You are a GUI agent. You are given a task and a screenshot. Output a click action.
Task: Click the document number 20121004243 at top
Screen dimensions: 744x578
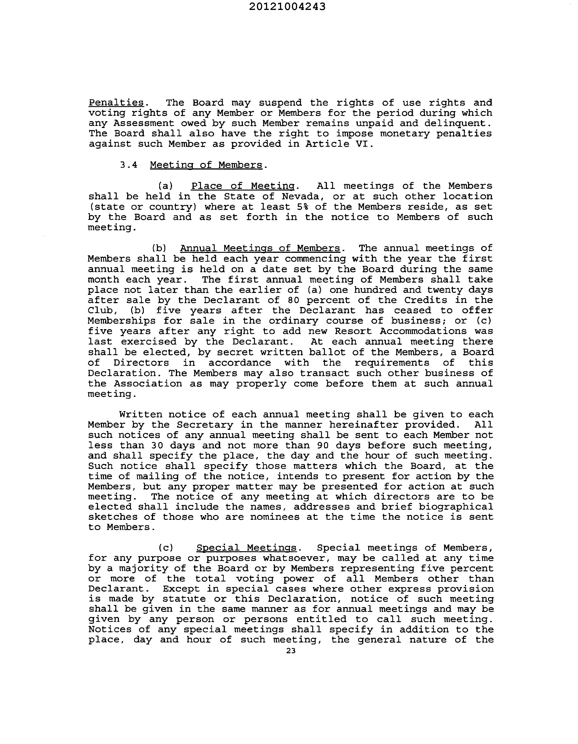pyautogui.click(x=287, y=7)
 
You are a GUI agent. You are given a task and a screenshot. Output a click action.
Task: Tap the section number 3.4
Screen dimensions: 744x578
pyautogui.click(x=129, y=165)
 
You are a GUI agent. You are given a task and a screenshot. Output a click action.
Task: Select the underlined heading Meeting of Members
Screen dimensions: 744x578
pyautogui.click(x=206, y=165)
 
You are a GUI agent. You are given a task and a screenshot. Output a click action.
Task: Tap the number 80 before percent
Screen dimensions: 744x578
pyautogui.click(x=293, y=300)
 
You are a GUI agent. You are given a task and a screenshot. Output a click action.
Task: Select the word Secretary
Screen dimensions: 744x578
pyautogui.click(x=205, y=425)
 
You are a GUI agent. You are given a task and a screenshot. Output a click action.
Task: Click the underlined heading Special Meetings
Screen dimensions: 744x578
pyautogui.click(x=246, y=548)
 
